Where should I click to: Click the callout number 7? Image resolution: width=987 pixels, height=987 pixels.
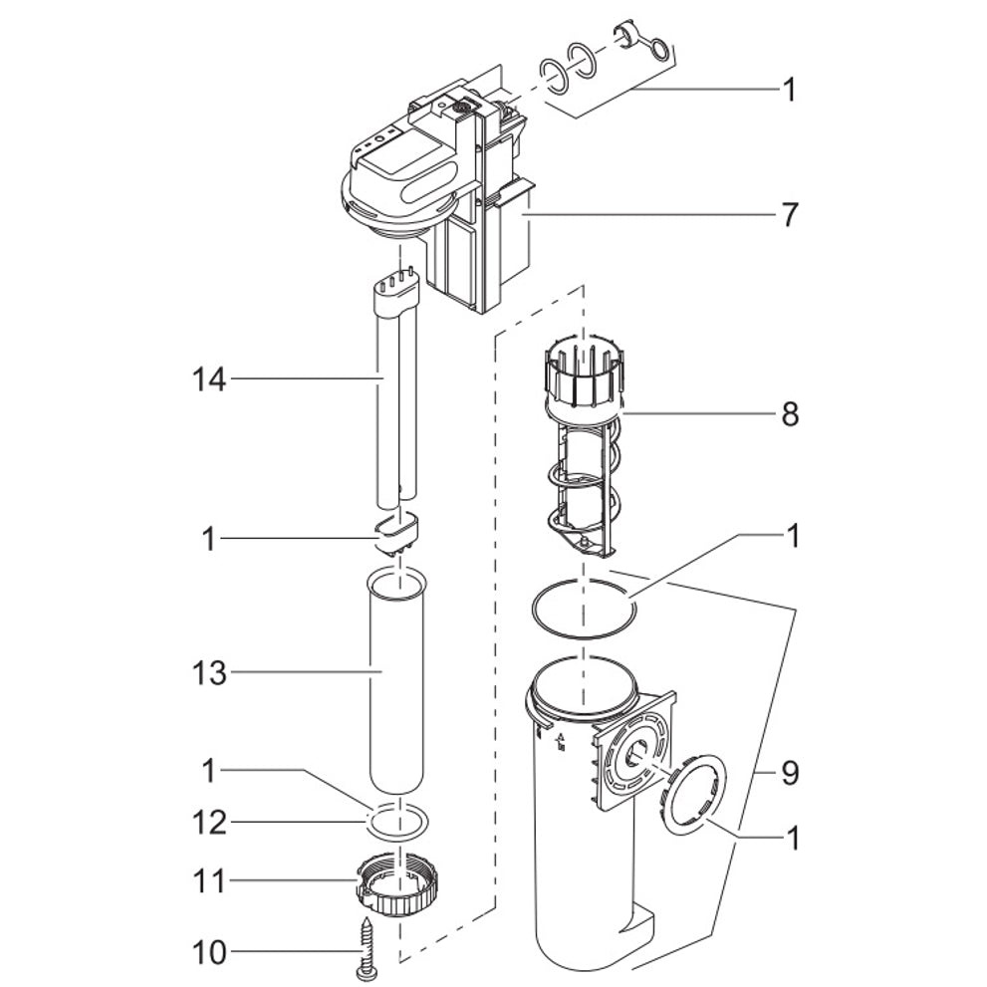click(x=789, y=214)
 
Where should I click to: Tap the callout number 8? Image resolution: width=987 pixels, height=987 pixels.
click(x=789, y=413)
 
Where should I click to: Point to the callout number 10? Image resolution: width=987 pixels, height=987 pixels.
click(x=210, y=953)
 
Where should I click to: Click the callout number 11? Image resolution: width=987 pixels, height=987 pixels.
click(x=210, y=880)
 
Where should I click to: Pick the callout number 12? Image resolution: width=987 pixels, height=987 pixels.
click(x=210, y=823)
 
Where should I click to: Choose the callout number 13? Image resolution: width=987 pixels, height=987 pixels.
click(x=210, y=673)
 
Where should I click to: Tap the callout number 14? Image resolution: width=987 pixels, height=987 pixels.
click(x=210, y=378)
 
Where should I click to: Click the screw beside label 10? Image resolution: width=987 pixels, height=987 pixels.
click(x=362, y=946)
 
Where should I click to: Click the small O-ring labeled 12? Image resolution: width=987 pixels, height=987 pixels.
click(x=395, y=823)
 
